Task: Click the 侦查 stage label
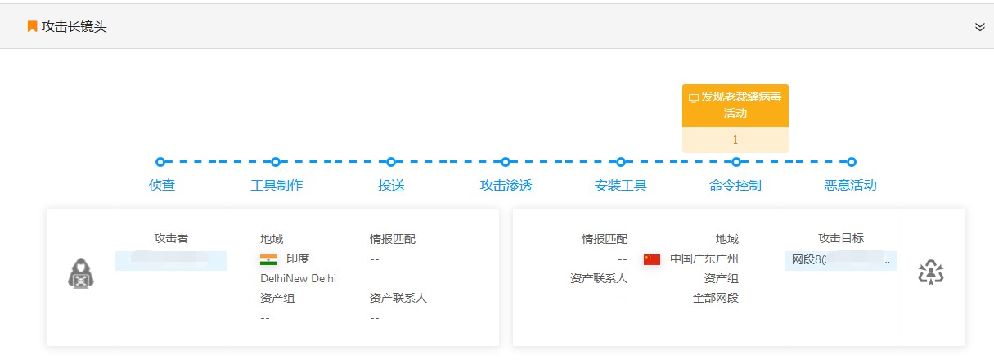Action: coord(162,185)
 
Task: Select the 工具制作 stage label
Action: coord(277,185)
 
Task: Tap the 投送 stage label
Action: coord(391,185)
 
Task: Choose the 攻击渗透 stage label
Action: coord(506,185)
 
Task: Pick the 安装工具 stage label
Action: coord(621,185)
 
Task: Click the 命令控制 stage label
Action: coord(735,185)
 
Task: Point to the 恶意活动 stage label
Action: coord(851,185)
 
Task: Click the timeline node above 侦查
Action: coord(160,162)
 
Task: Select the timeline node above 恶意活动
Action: coord(852,162)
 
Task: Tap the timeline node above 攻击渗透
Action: coord(506,162)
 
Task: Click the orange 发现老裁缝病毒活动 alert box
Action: coord(735,106)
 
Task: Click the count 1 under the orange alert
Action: coord(735,140)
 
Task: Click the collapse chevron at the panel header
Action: coord(979,27)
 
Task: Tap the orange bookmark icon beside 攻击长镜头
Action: coord(32,27)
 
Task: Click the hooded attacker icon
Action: coord(80,273)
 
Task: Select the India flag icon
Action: coord(268,259)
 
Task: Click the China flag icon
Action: coord(651,259)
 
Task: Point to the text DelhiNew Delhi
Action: coord(298,278)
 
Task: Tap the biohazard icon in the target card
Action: coord(931,273)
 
